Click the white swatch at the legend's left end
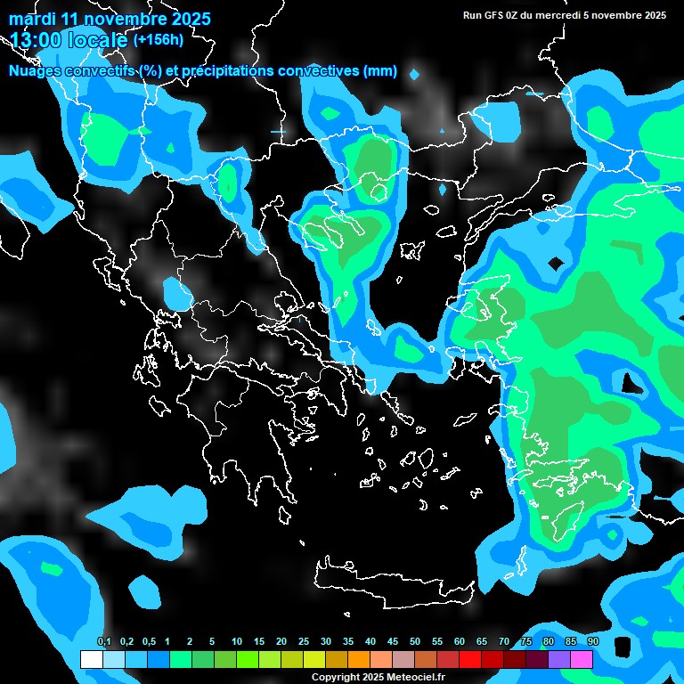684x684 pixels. click(x=92, y=660)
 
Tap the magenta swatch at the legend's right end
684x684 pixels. click(x=582, y=660)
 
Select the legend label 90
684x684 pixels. click(x=593, y=641)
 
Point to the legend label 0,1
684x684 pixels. click(x=103, y=641)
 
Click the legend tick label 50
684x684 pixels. click(x=415, y=641)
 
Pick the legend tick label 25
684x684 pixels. click(x=304, y=641)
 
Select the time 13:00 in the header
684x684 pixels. click(x=36, y=39)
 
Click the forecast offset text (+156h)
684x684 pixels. click(x=159, y=39)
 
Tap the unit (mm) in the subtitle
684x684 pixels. click(x=380, y=71)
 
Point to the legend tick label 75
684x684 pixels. click(x=526, y=641)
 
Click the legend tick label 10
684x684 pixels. click(x=237, y=641)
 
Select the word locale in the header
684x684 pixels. click(x=98, y=39)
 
